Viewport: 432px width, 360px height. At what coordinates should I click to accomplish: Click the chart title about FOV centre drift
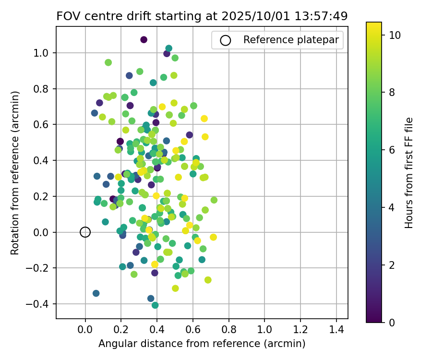[x=202, y=16]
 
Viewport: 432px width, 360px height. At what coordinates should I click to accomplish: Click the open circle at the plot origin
[x=85, y=232]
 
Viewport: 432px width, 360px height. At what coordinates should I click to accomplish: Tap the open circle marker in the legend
[x=226, y=40]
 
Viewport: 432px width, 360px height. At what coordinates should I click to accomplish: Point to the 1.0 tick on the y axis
[x=46, y=52]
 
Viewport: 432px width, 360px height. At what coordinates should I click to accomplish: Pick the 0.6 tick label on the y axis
[x=46, y=124]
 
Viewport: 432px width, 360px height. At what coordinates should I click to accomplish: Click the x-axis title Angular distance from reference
[x=202, y=344]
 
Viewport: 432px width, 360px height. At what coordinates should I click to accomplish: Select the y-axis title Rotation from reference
[x=15, y=172]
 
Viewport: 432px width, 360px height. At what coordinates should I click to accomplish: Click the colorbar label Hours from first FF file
[x=409, y=172]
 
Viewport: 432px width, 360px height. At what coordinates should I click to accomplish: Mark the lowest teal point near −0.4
[x=155, y=305]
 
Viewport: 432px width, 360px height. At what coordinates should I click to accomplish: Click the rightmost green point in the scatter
[x=214, y=200]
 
